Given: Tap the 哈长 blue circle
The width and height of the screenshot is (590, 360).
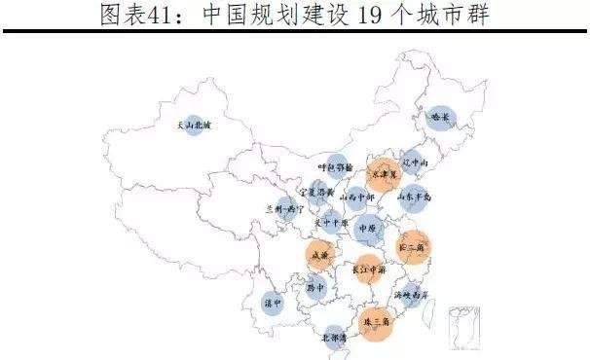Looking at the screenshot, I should tap(442, 118).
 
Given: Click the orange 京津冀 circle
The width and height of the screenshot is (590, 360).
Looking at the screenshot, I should tap(387, 173).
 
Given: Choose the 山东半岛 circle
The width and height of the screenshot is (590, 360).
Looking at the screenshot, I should tap(415, 198).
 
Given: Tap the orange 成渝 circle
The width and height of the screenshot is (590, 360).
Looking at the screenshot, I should tap(318, 256).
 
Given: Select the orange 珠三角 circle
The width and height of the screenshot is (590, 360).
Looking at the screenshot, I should tap(374, 320).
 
